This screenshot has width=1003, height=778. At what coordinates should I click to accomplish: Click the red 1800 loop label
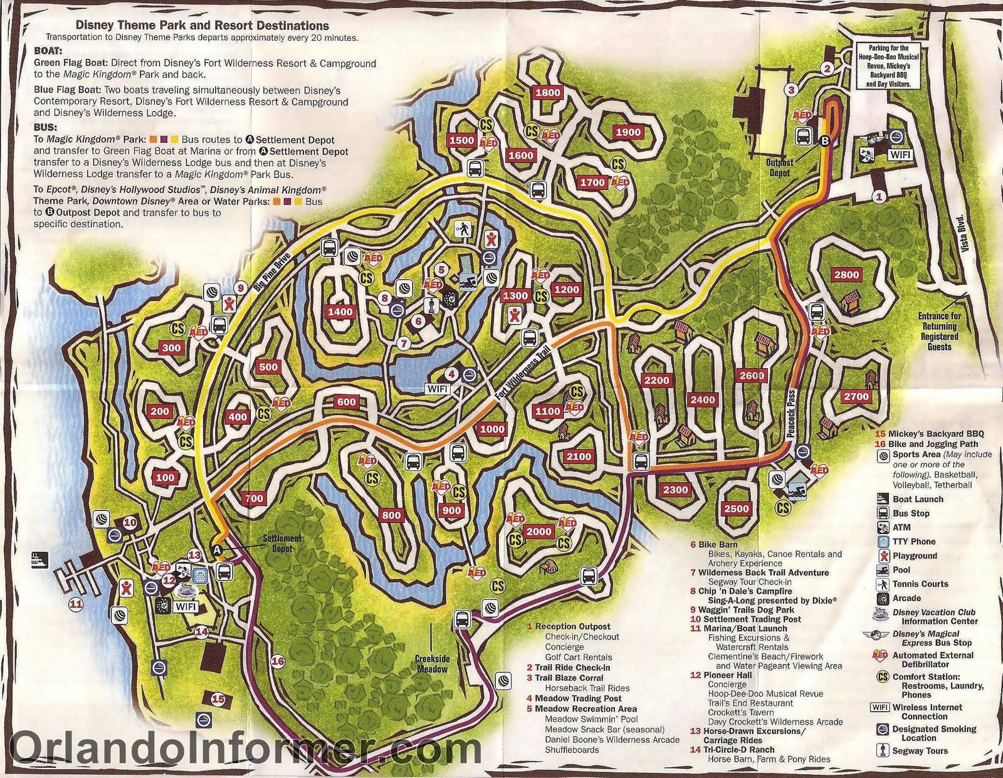[549, 92]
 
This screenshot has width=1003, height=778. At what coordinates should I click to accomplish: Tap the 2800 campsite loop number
[846, 275]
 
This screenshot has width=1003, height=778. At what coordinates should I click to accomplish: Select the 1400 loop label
[340, 312]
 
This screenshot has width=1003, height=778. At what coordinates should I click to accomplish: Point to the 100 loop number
[165, 477]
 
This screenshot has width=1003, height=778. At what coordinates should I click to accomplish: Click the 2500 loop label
[737, 509]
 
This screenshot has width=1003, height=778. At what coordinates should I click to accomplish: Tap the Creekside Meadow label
[433, 664]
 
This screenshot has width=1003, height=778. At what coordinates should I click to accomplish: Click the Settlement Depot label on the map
[282, 543]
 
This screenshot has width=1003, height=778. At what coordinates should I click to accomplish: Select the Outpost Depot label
[780, 167]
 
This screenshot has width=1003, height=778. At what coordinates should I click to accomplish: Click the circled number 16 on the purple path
[278, 661]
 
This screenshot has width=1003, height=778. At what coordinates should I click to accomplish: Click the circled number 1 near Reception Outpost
[878, 197]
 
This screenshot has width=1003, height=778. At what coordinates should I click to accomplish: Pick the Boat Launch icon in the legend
[883, 499]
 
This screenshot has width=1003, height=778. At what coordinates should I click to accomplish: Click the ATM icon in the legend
[883, 527]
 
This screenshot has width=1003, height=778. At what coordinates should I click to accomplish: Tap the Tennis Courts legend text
[920, 584]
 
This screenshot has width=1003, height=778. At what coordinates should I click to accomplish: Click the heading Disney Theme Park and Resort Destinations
[202, 26]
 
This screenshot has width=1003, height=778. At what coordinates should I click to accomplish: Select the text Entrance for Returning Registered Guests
[939, 331]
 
